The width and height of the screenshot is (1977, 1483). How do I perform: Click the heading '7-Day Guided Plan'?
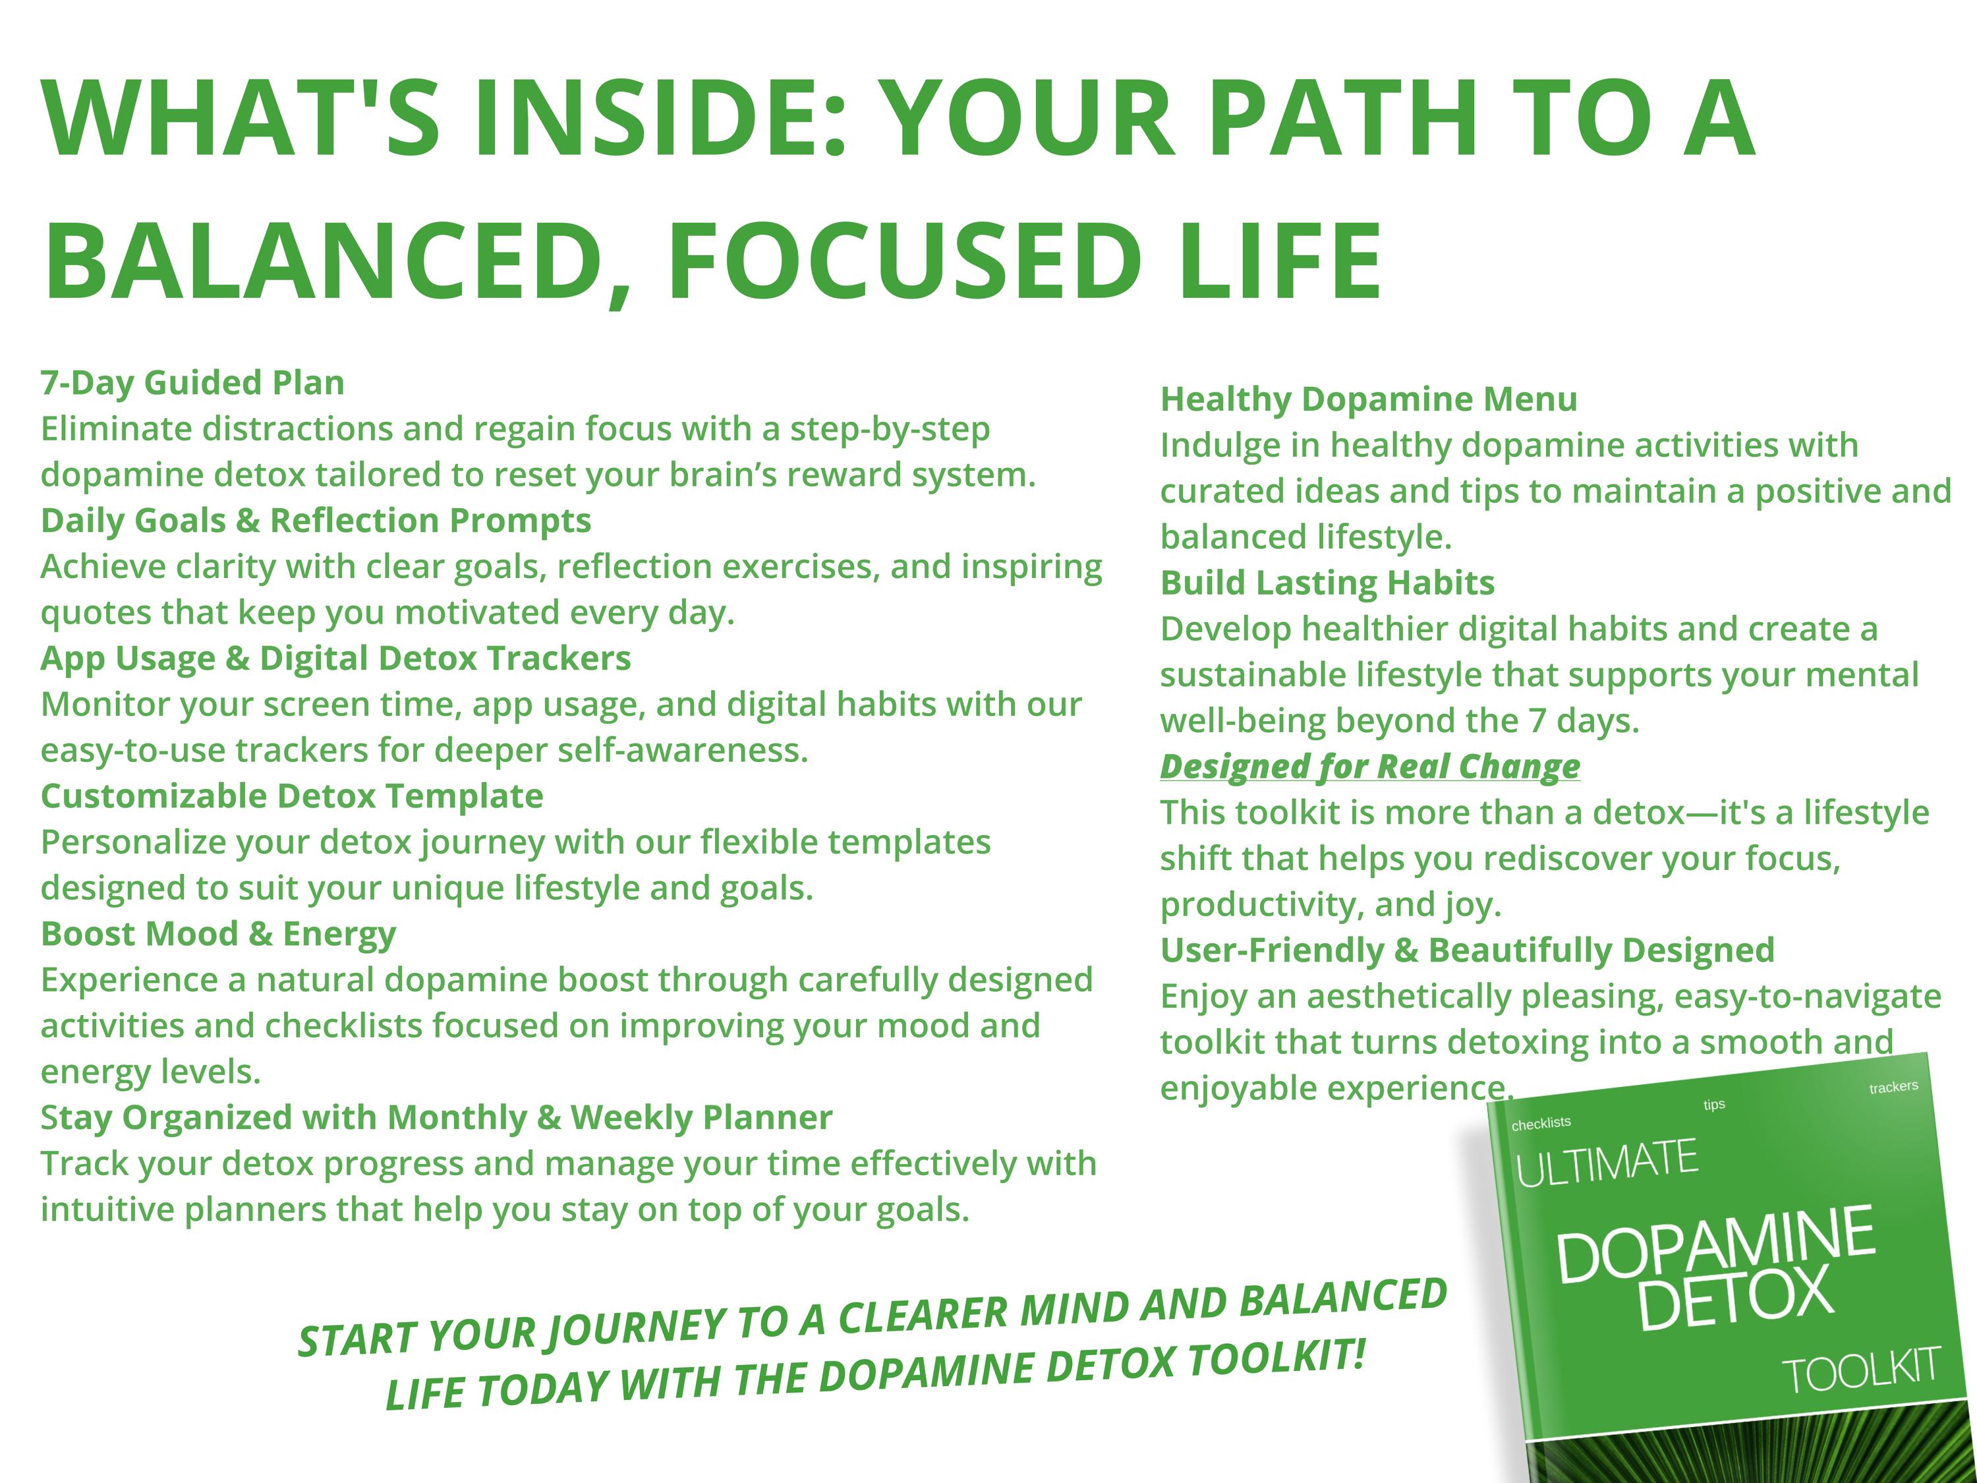tap(192, 382)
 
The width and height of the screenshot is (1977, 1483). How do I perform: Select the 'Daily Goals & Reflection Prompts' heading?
tap(316, 520)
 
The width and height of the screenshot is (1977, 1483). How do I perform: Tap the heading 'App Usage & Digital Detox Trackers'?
tap(335, 658)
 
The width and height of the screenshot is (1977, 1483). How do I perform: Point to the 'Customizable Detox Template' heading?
tap(291, 796)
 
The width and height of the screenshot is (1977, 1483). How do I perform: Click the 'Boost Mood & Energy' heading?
tap(218, 933)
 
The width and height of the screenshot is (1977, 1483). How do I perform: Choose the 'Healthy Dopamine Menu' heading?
tap(1368, 399)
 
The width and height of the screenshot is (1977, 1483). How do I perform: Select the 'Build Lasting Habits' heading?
tap(1327, 583)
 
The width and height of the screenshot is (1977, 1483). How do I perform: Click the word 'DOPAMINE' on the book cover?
tap(1715, 1244)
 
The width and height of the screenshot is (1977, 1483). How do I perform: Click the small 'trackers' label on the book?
tap(1893, 1087)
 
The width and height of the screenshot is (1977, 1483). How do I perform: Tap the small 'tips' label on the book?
tap(1714, 1105)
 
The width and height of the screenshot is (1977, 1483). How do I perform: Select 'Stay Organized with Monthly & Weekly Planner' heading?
tap(436, 1117)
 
